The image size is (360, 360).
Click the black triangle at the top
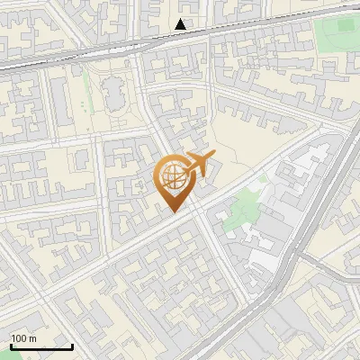click(x=182, y=24)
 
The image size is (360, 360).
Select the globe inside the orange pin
click(x=172, y=176)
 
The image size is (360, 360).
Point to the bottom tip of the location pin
click(x=173, y=211)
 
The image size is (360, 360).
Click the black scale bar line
click(x=41, y=346)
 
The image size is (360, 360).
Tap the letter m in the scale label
click(x=32, y=338)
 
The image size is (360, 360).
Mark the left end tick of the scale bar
click(x=11, y=345)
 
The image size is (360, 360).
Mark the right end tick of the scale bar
click(x=72, y=345)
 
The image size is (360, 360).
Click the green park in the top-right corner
click(x=337, y=36)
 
